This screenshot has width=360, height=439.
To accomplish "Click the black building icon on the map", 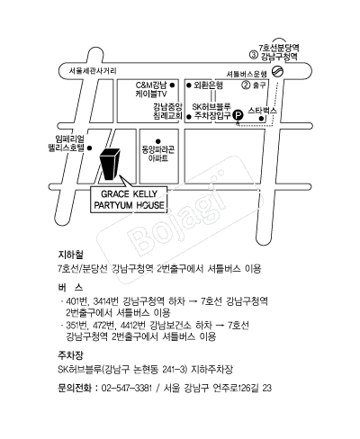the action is point(110,165).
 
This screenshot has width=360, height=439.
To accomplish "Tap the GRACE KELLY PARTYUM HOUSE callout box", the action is point(129,200).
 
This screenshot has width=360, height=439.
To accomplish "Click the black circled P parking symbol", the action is point(238,115).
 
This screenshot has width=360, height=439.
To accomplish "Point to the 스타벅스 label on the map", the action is point(262,111).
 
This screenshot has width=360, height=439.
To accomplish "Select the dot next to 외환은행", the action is point(189,85).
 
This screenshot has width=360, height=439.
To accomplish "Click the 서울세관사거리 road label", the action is point(93,71).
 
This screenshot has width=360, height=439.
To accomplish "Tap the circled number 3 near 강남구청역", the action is point(254,55).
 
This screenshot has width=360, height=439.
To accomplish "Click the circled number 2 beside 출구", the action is point(246,85).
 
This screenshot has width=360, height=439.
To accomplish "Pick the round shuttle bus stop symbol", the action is point(277,72).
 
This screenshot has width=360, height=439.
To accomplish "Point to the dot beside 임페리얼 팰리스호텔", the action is point(89,148).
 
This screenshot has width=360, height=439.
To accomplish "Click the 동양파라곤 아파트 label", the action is point(158,154).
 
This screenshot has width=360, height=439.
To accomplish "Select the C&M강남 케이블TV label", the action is point(151,90).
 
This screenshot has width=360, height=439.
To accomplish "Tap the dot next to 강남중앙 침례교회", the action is point(189,117).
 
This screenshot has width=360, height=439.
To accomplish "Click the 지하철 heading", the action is point(70,255).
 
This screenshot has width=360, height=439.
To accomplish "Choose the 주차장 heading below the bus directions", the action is point(70,355).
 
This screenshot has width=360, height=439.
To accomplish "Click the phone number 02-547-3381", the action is point(127,388).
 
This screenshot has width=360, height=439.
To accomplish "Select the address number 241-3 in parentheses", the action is point(174,369).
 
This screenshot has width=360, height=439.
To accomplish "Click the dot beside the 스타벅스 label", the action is point(261,119).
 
